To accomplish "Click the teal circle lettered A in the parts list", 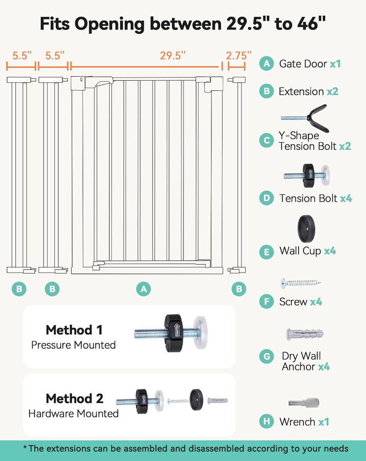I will tap(266, 64).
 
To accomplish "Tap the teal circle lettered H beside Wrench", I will tap(266, 421).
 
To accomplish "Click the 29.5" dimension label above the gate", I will tap(170, 56).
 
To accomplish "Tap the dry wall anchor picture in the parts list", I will tap(304, 334).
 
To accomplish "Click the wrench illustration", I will tap(303, 403).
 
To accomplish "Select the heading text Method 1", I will tap(74, 330).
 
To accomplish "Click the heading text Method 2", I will tap(74, 398).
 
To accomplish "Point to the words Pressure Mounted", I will tap(73, 345).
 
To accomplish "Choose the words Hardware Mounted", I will tap(73, 414).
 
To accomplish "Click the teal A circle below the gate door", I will tap(144, 289).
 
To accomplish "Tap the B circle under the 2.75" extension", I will tap(238, 289).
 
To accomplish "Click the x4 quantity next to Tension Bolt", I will tap(346, 198).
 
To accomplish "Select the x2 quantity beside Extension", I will tap(332, 91).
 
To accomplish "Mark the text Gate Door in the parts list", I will tap(303, 64).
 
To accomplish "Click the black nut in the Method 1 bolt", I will tap(174, 333).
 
